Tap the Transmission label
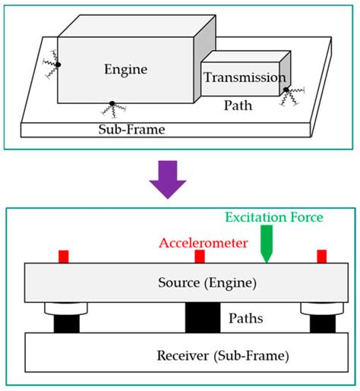click(245, 77)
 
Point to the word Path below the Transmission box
click(238, 105)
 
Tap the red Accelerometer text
click(204, 243)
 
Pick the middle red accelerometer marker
click(199, 256)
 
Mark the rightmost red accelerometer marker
click(322, 255)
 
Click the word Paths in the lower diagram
click(246, 319)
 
